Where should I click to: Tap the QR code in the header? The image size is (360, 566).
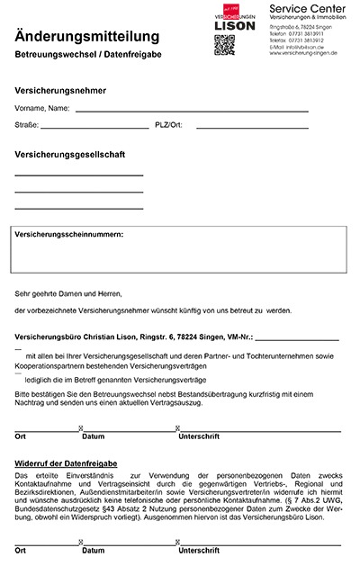click(x=225, y=44)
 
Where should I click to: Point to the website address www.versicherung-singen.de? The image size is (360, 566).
click(x=308, y=53)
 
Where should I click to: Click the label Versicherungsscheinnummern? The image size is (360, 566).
click(x=69, y=235)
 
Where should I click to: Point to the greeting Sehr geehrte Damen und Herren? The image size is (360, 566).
click(x=67, y=293)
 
